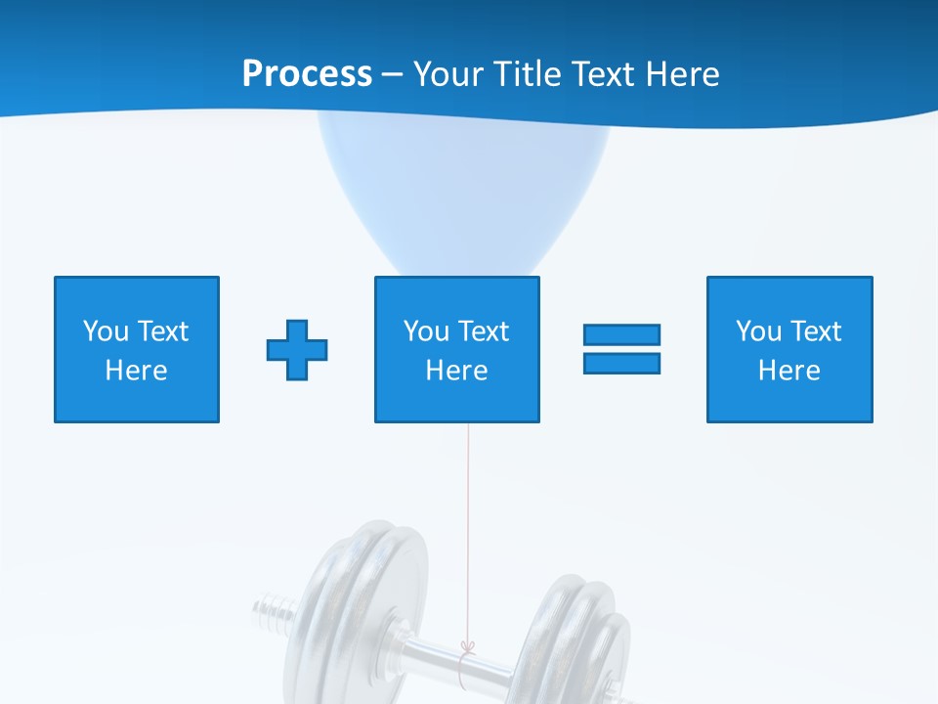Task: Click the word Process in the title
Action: (x=307, y=74)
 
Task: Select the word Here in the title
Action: (x=679, y=74)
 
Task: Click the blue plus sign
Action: (x=297, y=349)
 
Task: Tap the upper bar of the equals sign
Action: (x=621, y=335)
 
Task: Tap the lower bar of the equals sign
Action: (x=621, y=363)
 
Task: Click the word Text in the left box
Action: (x=163, y=331)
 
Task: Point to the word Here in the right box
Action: (x=789, y=371)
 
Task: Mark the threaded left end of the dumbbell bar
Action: (x=272, y=611)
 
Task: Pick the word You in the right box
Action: (x=758, y=331)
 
